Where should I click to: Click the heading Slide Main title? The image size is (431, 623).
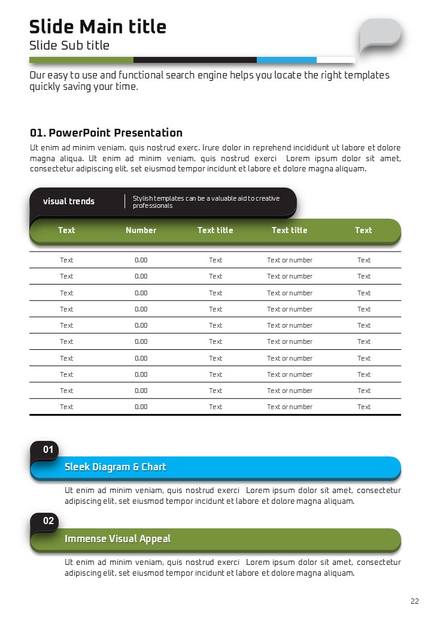point(98,27)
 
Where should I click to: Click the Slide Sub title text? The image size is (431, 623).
point(69,46)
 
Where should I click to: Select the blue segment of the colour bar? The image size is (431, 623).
point(286,60)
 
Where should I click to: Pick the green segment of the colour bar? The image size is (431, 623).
point(81,60)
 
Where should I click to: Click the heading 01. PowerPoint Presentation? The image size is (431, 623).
point(106,133)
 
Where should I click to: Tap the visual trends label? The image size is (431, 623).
point(69,201)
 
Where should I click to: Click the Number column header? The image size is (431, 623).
point(141,230)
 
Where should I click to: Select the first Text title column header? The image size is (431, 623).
point(215,230)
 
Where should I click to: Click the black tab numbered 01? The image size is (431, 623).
point(48,449)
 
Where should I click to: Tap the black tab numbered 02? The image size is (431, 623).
point(48,521)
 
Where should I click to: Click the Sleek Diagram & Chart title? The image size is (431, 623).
point(115,467)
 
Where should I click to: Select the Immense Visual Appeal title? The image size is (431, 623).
point(117,539)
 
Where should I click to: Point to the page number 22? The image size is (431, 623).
point(415,601)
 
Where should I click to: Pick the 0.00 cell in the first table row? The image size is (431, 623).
point(141,260)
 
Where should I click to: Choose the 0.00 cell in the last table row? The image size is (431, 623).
point(141,407)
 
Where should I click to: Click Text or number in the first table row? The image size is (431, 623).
point(290,260)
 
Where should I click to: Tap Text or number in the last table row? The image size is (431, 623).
point(290,407)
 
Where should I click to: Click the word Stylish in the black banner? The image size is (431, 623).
point(142,198)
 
